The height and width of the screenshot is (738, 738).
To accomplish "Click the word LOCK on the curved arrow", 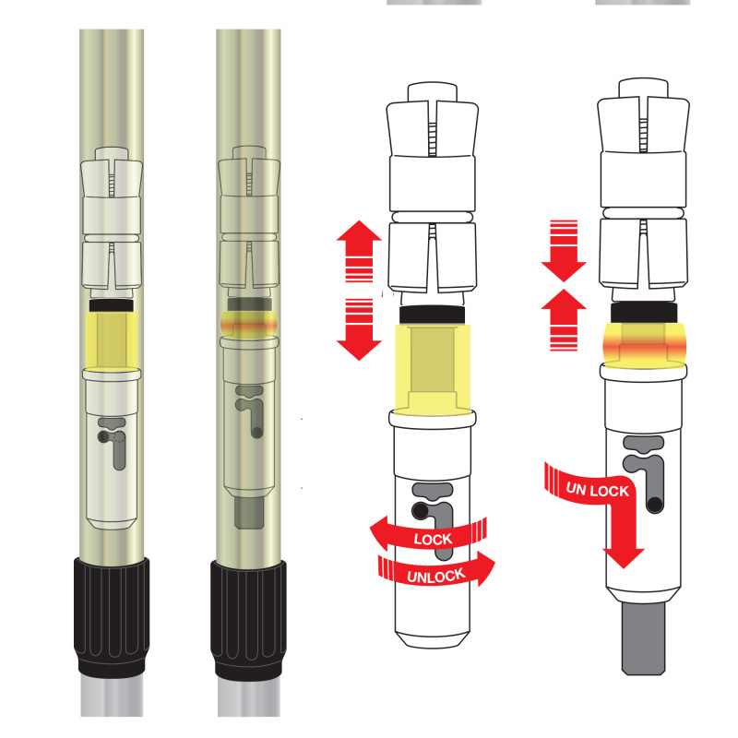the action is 433,539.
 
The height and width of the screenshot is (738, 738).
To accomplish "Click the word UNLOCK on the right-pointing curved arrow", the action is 436,576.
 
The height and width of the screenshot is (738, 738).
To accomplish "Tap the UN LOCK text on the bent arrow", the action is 597,490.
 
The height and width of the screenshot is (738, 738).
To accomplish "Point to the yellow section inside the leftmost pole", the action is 112,340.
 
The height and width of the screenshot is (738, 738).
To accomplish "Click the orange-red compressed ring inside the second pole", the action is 248,325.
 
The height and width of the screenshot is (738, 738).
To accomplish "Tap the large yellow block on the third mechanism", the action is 432,370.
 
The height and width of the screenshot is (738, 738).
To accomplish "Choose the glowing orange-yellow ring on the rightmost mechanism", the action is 643,346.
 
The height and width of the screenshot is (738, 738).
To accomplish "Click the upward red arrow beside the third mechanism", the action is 359,251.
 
